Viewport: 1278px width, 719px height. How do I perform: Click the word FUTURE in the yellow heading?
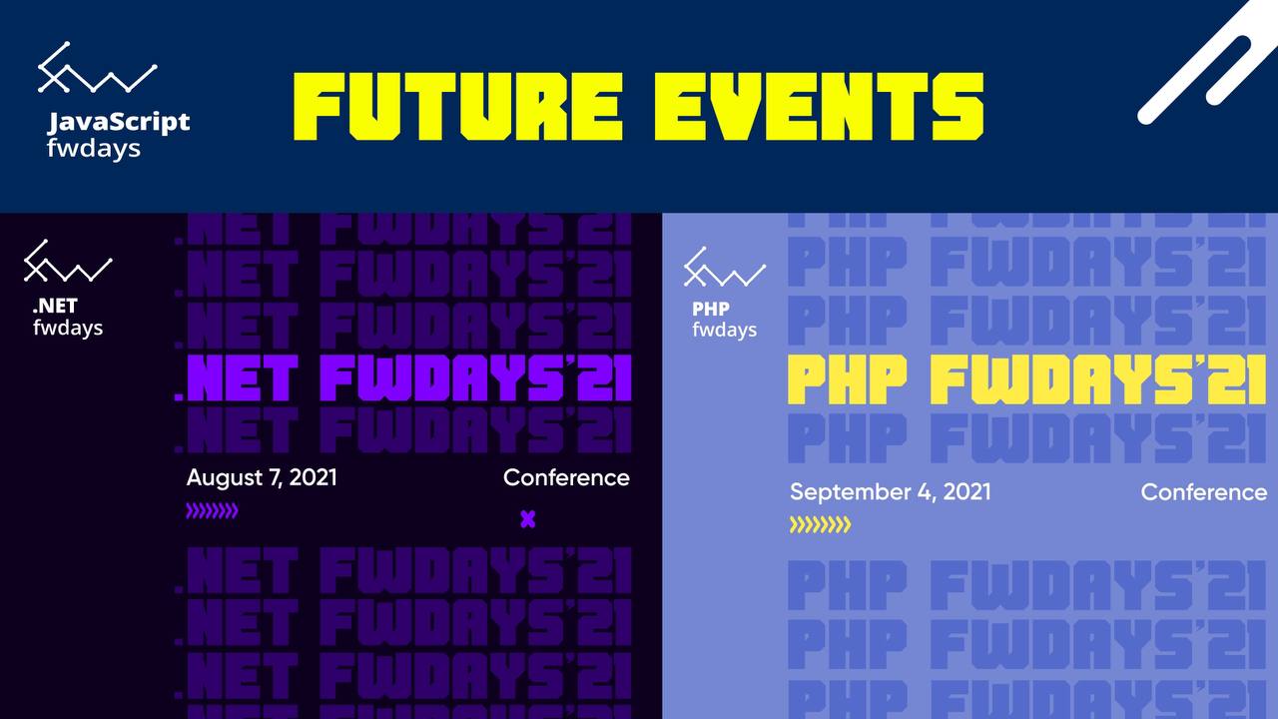tap(457, 107)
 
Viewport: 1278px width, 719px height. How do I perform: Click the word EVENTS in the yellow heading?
tap(820, 107)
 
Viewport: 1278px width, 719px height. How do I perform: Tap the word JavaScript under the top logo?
tap(118, 123)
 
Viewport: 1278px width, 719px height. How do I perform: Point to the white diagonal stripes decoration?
tap(1204, 63)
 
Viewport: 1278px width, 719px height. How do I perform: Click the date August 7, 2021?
tap(262, 478)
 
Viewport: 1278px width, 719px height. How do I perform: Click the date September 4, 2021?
tap(890, 492)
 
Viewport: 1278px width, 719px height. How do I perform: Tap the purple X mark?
tap(528, 519)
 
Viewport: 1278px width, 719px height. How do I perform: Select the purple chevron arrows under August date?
tap(212, 510)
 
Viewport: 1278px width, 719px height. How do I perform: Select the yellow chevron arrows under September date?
tap(820, 524)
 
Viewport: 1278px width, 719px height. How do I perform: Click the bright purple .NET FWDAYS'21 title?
tap(402, 377)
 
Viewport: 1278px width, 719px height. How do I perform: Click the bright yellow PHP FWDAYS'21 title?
tap(1027, 379)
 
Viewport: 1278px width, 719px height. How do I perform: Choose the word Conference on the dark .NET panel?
tap(566, 478)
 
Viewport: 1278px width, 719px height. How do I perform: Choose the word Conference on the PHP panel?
tap(1204, 492)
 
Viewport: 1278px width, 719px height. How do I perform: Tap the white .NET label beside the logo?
tap(55, 307)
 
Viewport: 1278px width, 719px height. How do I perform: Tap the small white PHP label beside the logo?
tap(710, 309)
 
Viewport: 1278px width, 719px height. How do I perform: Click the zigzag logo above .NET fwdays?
tap(68, 261)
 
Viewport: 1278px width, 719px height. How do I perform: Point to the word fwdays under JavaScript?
tap(94, 149)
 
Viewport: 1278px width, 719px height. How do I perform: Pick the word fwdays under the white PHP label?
tap(725, 330)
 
